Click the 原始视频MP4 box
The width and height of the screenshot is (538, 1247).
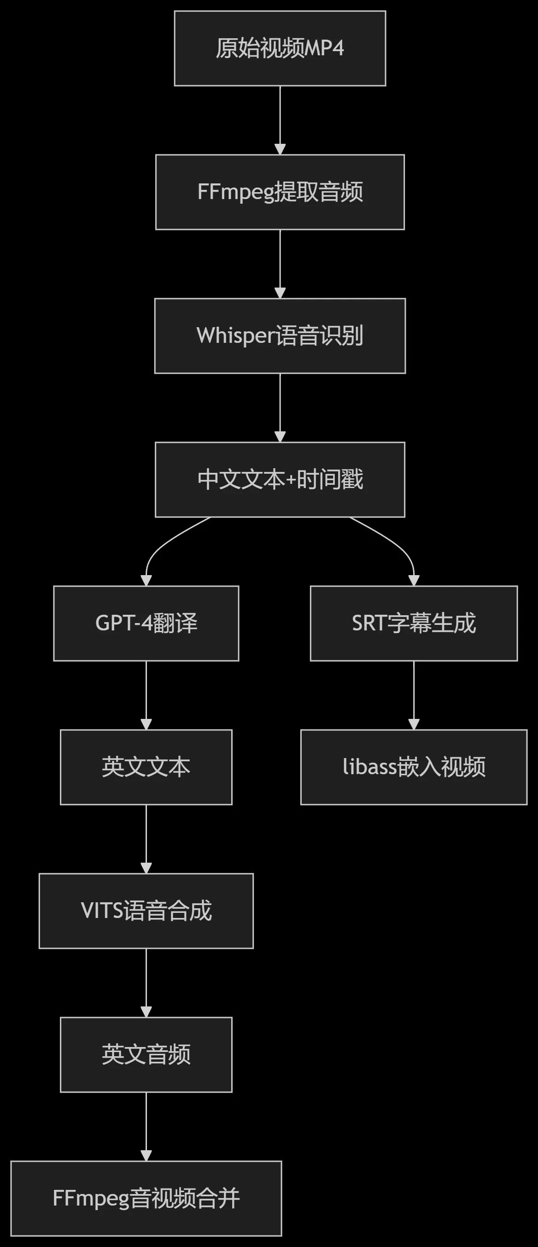(280, 48)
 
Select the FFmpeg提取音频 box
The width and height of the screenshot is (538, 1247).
(280, 192)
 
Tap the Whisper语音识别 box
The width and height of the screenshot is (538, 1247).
(280, 336)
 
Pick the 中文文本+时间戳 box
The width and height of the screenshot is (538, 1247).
(280, 480)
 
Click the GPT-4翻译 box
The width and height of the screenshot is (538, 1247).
(146, 623)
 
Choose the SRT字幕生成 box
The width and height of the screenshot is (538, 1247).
(414, 623)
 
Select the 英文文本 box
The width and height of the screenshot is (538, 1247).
(146, 767)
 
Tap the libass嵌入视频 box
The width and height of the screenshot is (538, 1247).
(414, 767)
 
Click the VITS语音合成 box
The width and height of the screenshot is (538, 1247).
(146, 911)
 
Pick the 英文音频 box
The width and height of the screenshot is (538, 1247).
(146, 1055)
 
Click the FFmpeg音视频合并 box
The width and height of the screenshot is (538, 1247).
(146, 1199)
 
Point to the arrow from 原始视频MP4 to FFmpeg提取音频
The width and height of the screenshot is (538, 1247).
(280, 121)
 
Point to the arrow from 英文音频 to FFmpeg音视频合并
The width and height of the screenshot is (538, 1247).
(146, 1127)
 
